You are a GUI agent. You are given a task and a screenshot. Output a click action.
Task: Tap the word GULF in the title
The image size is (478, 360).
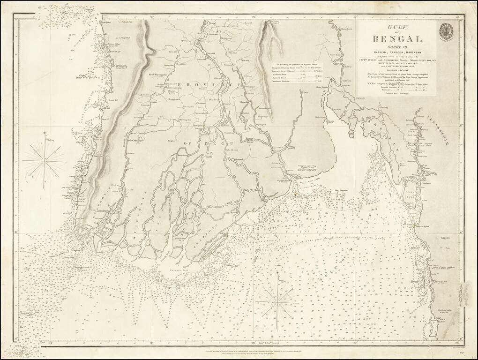coord(397,29)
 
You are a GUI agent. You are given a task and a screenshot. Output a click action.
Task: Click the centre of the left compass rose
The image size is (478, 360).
coord(45,160)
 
